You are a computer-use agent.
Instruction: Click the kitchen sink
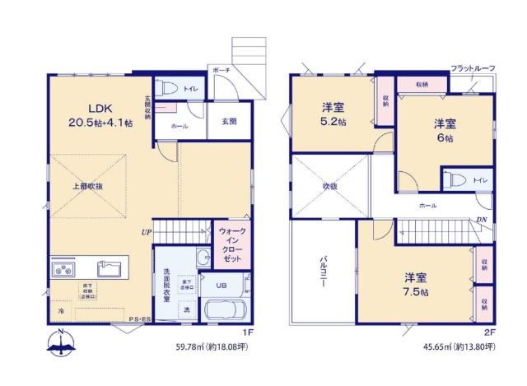click(x=110, y=268)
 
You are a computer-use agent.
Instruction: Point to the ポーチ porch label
click(x=220, y=71)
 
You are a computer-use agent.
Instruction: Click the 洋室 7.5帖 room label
click(x=414, y=285)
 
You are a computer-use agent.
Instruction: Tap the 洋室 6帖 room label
click(x=445, y=130)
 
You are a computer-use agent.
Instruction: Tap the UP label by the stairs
click(x=146, y=231)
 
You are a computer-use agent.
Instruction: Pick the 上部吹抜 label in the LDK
click(x=86, y=187)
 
